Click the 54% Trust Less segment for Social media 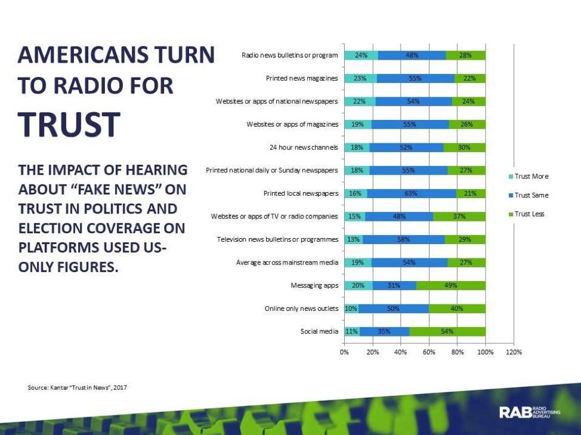click(x=447, y=331)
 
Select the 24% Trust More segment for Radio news click(x=361, y=55)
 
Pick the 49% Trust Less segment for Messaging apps click(x=451, y=285)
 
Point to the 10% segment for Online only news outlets click(x=351, y=308)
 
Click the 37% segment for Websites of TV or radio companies click(x=459, y=216)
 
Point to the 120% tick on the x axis click(x=514, y=352)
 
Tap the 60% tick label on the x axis click(x=429, y=352)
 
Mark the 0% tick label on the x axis click(x=344, y=352)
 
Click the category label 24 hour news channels click(x=304, y=147)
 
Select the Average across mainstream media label click(x=287, y=263)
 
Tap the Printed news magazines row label click(x=302, y=78)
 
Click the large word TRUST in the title click(x=69, y=124)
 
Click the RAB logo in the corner click(x=529, y=412)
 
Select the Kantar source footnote click(x=78, y=388)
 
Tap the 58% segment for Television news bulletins click(x=403, y=239)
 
